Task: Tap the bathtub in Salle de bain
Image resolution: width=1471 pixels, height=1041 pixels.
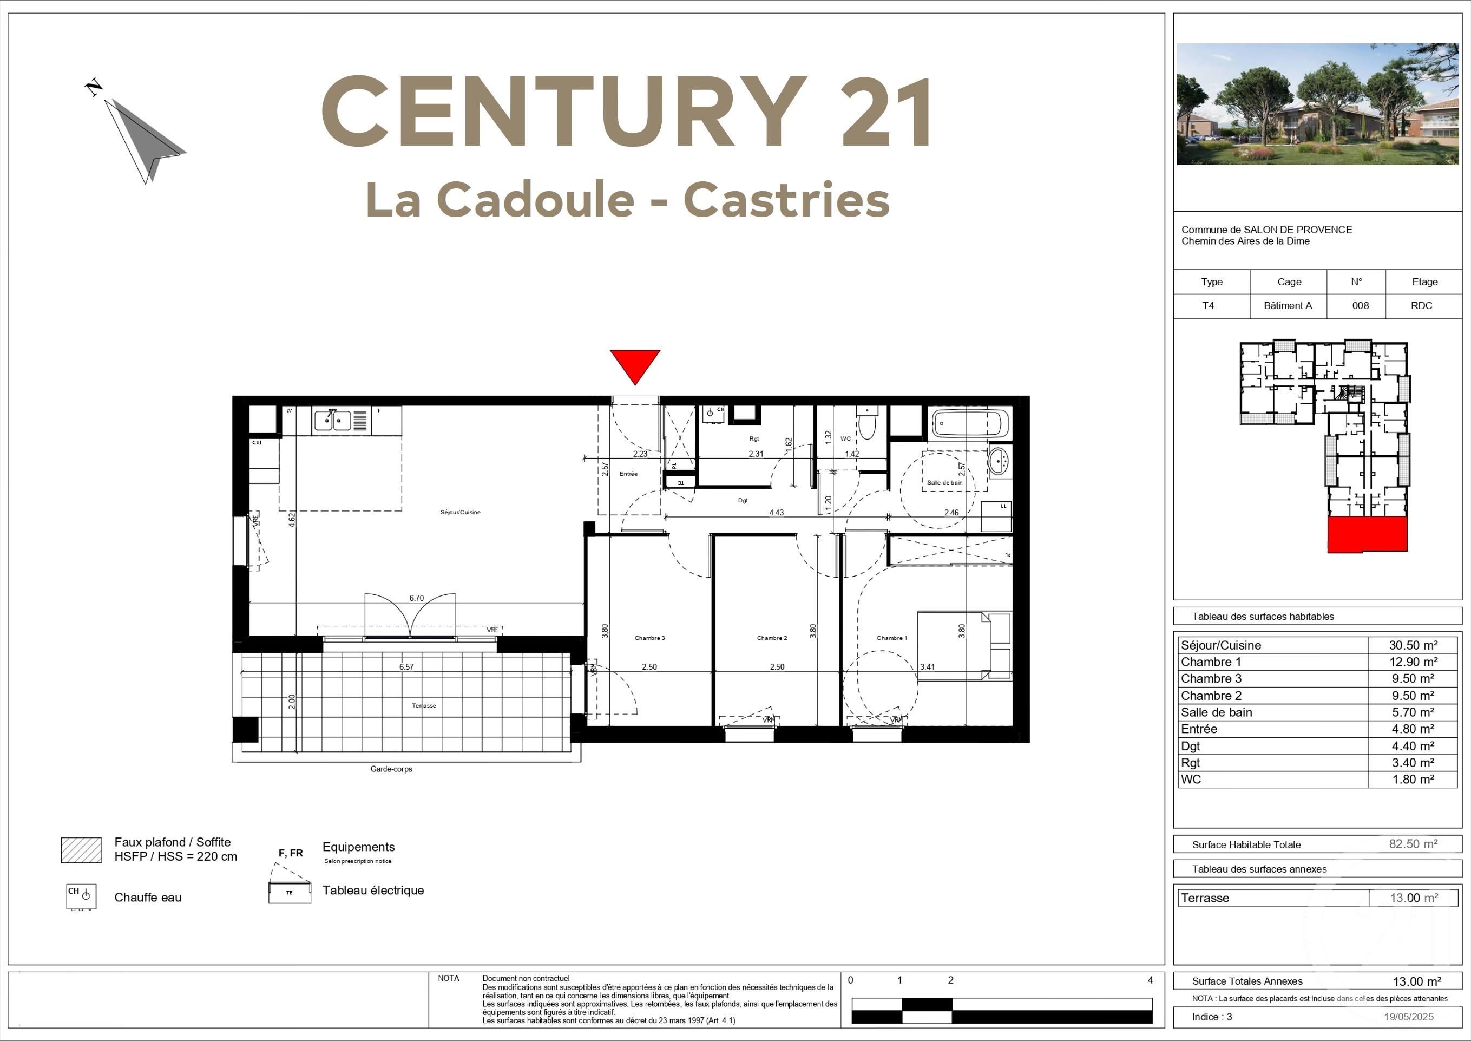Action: pyautogui.click(x=969, y=424)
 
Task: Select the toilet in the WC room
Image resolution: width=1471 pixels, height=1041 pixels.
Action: pyautogui.click(x=867, y=424)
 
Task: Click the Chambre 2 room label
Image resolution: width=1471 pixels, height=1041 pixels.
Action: pyautogui.click(x=771, y=638)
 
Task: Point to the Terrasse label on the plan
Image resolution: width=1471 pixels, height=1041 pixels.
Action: pyautogui.click(x=423, y=706)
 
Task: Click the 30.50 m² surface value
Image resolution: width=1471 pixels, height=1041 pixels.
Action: pyautogui.click(x=1413, y=645)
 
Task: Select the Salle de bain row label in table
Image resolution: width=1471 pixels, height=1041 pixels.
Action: pyautogui.click(x=1216, y=712)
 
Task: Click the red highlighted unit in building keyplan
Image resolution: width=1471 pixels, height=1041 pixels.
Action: pyautogui.click(x=1367, y=535)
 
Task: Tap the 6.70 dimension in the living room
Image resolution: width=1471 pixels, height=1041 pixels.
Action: pyautogui.click(x=416, y=598)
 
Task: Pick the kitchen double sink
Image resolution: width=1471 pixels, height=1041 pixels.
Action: pyautogui.click(x=332, y=421)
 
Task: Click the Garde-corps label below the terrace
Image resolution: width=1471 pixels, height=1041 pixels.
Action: pyautogui.click(x=391, y=769)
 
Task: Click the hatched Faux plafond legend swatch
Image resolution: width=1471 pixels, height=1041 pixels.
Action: pyautogui.click(x=81, y=850)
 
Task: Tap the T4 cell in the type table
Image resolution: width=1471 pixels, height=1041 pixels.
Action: pyautogui.click(x=1207, y=306)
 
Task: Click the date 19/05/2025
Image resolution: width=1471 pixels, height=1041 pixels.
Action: pyautogui.click(x=1408, y=1017)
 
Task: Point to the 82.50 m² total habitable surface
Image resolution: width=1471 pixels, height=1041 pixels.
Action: pyautogui.click(x=1413, y=844)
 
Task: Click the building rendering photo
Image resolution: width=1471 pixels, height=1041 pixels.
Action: pyautogui.click(x=1317, y=104)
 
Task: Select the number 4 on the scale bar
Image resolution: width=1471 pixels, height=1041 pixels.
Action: pyautogui.click(x=1150, y=980)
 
